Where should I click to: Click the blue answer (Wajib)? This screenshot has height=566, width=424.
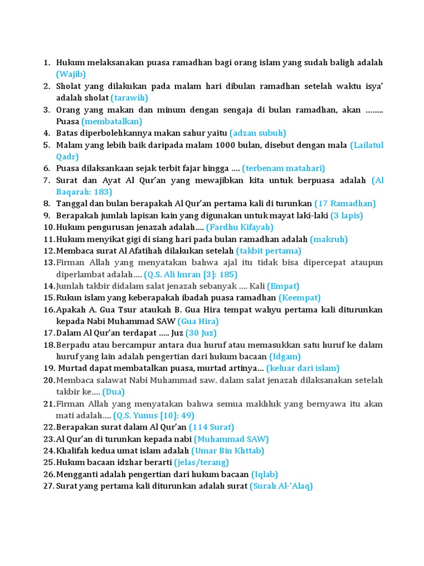[71, 74]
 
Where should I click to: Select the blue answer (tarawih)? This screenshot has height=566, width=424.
[129, 98]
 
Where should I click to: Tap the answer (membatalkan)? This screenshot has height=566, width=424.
[112, 121]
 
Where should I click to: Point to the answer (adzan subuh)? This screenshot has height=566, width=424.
[258, 133]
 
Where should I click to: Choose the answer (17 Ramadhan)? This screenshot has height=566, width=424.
[345, 203]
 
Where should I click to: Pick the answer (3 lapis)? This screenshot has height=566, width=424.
[347, 216]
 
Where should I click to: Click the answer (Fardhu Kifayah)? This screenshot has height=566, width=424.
[240, 227]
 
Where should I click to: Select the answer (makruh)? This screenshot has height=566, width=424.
[329, 239]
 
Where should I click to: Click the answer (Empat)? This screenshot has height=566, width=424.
[283, 286]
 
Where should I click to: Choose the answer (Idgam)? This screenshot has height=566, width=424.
[285, 357]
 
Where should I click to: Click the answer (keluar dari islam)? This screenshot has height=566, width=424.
[303, 368]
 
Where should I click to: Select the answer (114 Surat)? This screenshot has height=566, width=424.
[211, 427]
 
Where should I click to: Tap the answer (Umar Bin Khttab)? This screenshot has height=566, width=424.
[228, 450]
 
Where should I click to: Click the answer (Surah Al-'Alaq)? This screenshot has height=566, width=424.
[282, 486]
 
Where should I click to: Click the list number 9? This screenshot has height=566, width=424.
[47, 216]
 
